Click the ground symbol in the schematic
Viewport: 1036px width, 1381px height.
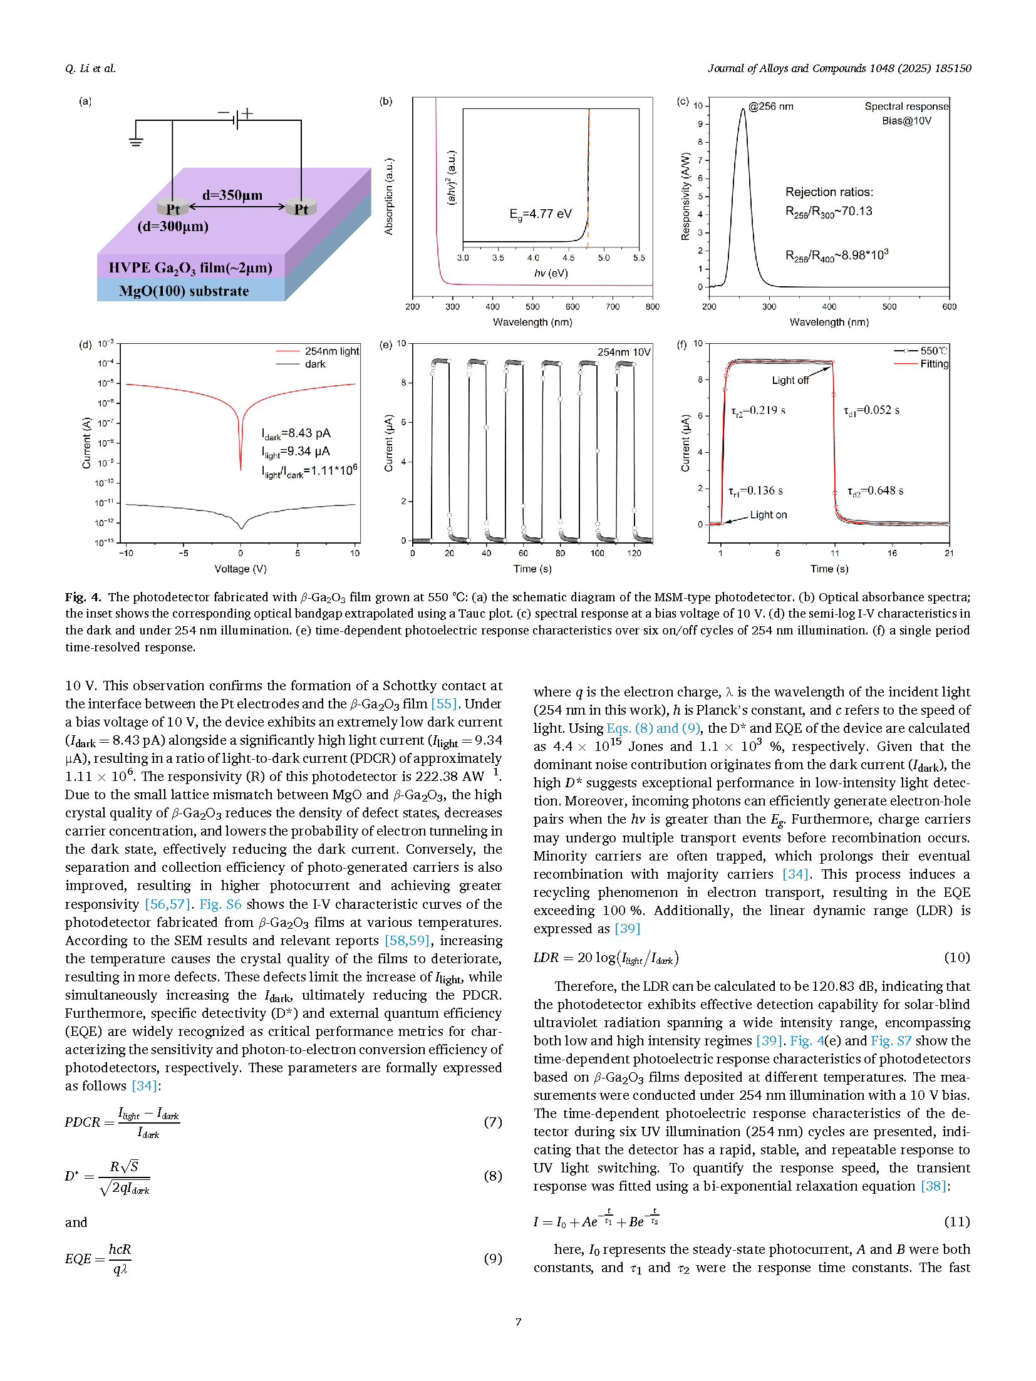(135, 141)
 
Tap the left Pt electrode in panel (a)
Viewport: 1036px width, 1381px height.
(172, 209)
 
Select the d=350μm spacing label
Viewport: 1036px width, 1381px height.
(232, 195)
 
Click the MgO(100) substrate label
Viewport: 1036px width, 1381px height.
(184, 291)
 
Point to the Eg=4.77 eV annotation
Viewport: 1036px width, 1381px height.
(541, 214)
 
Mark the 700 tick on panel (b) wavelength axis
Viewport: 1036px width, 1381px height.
(613, 306)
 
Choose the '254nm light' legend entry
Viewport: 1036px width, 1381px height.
(331, 351)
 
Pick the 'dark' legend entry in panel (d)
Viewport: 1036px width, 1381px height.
(315, 364)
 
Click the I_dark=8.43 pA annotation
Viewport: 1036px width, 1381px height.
(296, 433)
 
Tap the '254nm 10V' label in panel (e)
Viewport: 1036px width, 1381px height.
(624, 352)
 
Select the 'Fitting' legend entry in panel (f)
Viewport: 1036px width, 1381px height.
(934, 364)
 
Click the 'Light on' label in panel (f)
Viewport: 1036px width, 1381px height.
(769, 515)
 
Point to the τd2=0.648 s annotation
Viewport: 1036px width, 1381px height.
(875, 491)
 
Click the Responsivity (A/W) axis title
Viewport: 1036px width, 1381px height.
(685, 197)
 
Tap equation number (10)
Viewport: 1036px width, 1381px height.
(956, 958)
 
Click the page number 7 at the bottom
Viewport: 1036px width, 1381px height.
(518, 1322)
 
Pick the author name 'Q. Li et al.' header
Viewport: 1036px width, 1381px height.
(90, 68)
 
